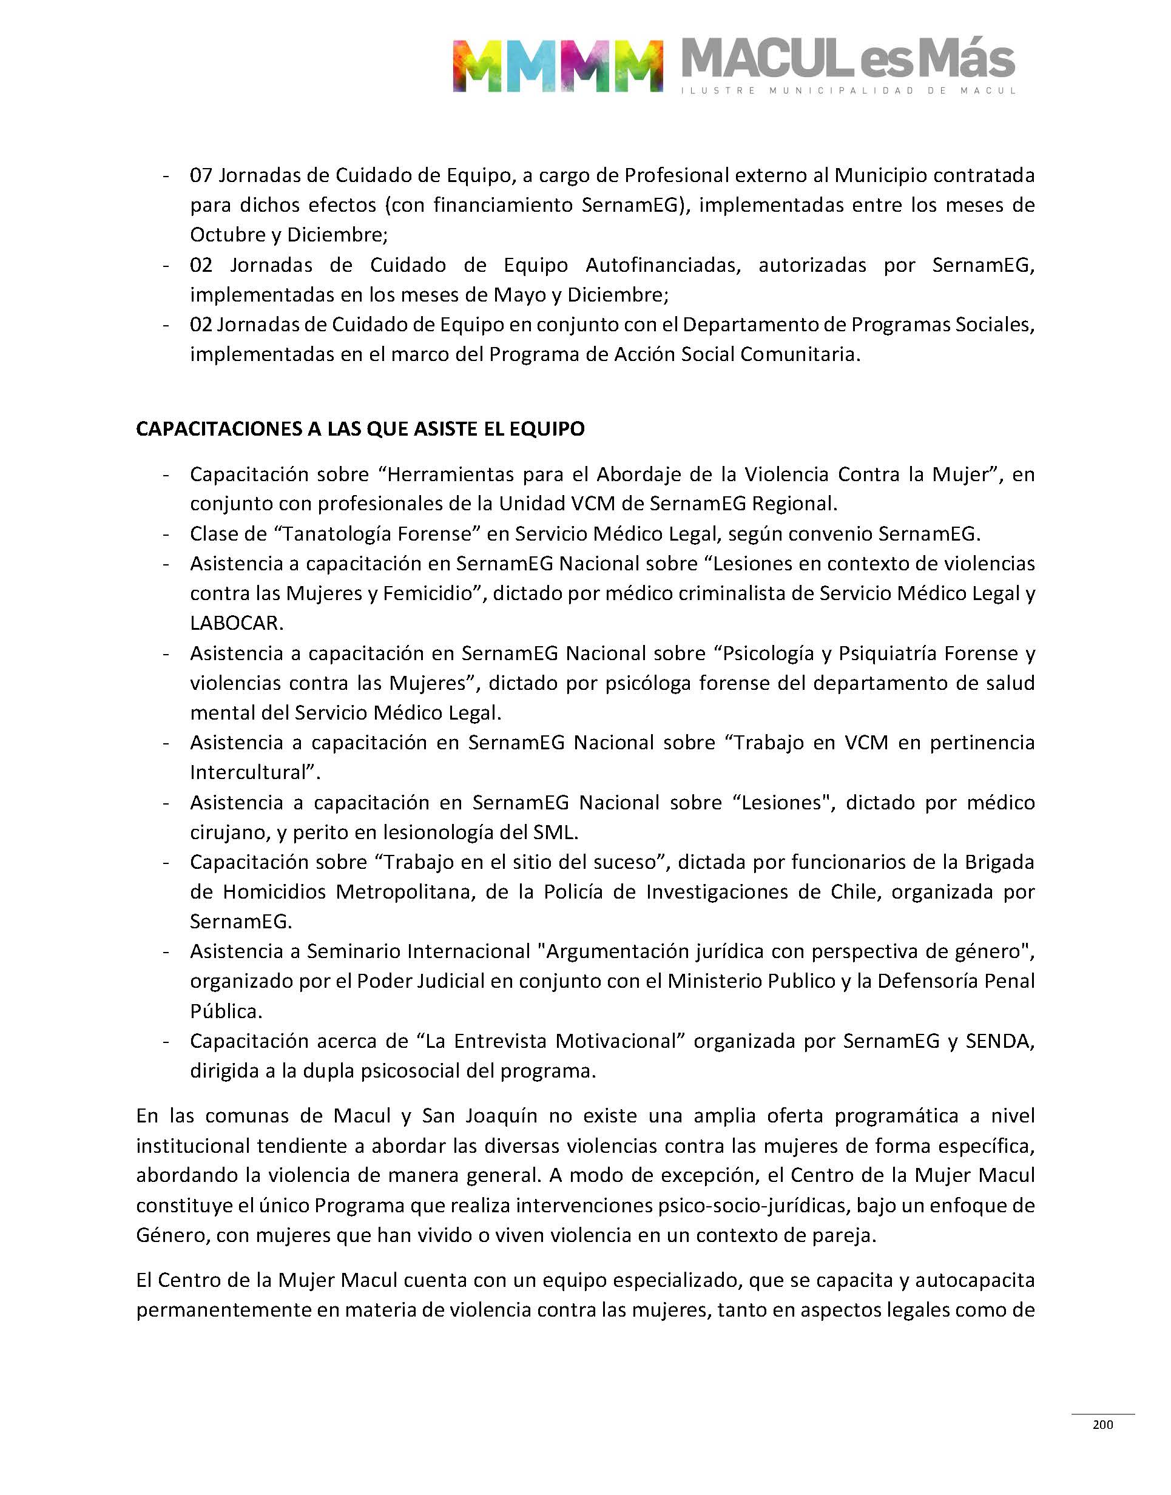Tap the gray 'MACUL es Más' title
coord(848,59)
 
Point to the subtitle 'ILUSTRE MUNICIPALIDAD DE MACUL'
coord(848,90)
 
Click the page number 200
coord(1102,1425)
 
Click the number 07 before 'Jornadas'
coord(201,175)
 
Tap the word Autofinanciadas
coord(663,265)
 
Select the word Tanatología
coord(339,533)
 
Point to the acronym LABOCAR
coord(236,623)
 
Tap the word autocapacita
coord(974,1280)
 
